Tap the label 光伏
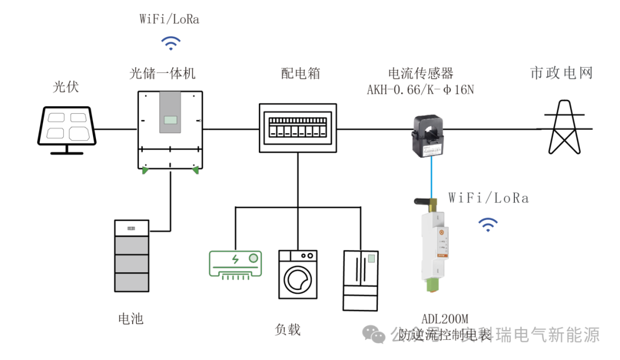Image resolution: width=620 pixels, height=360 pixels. point(66,87)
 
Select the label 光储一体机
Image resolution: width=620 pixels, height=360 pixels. point(162,73)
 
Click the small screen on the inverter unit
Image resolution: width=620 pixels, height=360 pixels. point(170,121)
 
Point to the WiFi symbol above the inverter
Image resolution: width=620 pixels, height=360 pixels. point(170,42)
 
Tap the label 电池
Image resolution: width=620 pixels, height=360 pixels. point(130,319)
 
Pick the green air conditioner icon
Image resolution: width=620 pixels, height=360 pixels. point(235,265)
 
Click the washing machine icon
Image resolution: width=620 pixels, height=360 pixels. point(297,274)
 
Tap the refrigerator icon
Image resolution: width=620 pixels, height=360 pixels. point(361,280)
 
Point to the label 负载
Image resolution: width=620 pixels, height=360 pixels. point(288,330)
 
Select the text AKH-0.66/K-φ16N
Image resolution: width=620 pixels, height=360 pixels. point(421,90)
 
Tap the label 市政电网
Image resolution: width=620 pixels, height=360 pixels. point(561,73)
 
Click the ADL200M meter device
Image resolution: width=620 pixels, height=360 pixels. point(435,244)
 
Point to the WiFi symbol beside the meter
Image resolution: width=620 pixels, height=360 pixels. point(489,224)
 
